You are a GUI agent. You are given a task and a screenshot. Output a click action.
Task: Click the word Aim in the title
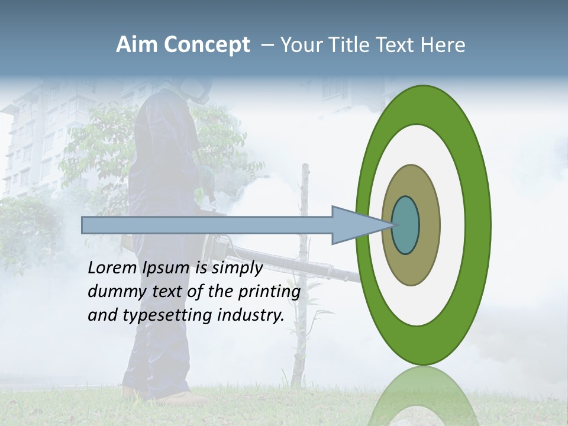coord(137,45)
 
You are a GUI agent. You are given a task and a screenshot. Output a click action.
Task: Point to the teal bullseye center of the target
coord(406,225)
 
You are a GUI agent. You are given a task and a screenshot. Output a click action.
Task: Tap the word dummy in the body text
coord(113,292)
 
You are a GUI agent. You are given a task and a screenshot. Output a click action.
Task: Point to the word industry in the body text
coord(251,315)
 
